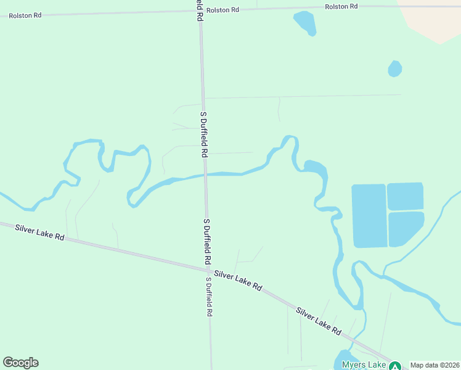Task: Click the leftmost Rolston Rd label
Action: [25, 15]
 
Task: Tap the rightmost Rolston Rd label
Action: [341, 6]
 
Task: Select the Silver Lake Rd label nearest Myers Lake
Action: [319, 321]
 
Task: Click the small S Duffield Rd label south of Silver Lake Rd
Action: [210, 297]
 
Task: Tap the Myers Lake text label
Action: [363, 364]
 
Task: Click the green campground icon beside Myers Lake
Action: [395, 366]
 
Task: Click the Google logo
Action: [20, 363]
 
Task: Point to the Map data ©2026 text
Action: [434, 365]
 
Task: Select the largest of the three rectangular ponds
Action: [369, 216]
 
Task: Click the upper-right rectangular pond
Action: [405, 196]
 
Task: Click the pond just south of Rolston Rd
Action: [305, 22]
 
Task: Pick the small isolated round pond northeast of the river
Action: [395, 68]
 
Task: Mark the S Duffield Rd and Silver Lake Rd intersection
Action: [208, 269]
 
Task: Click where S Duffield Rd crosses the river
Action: [205, 175]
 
